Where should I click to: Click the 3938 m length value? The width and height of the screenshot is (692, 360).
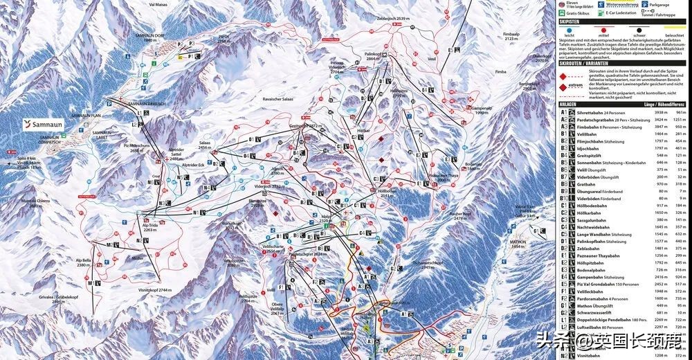pyautogui.click(x=659, y=111)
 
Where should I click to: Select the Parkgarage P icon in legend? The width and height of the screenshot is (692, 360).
pyautogui.click(x=644, y=4)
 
